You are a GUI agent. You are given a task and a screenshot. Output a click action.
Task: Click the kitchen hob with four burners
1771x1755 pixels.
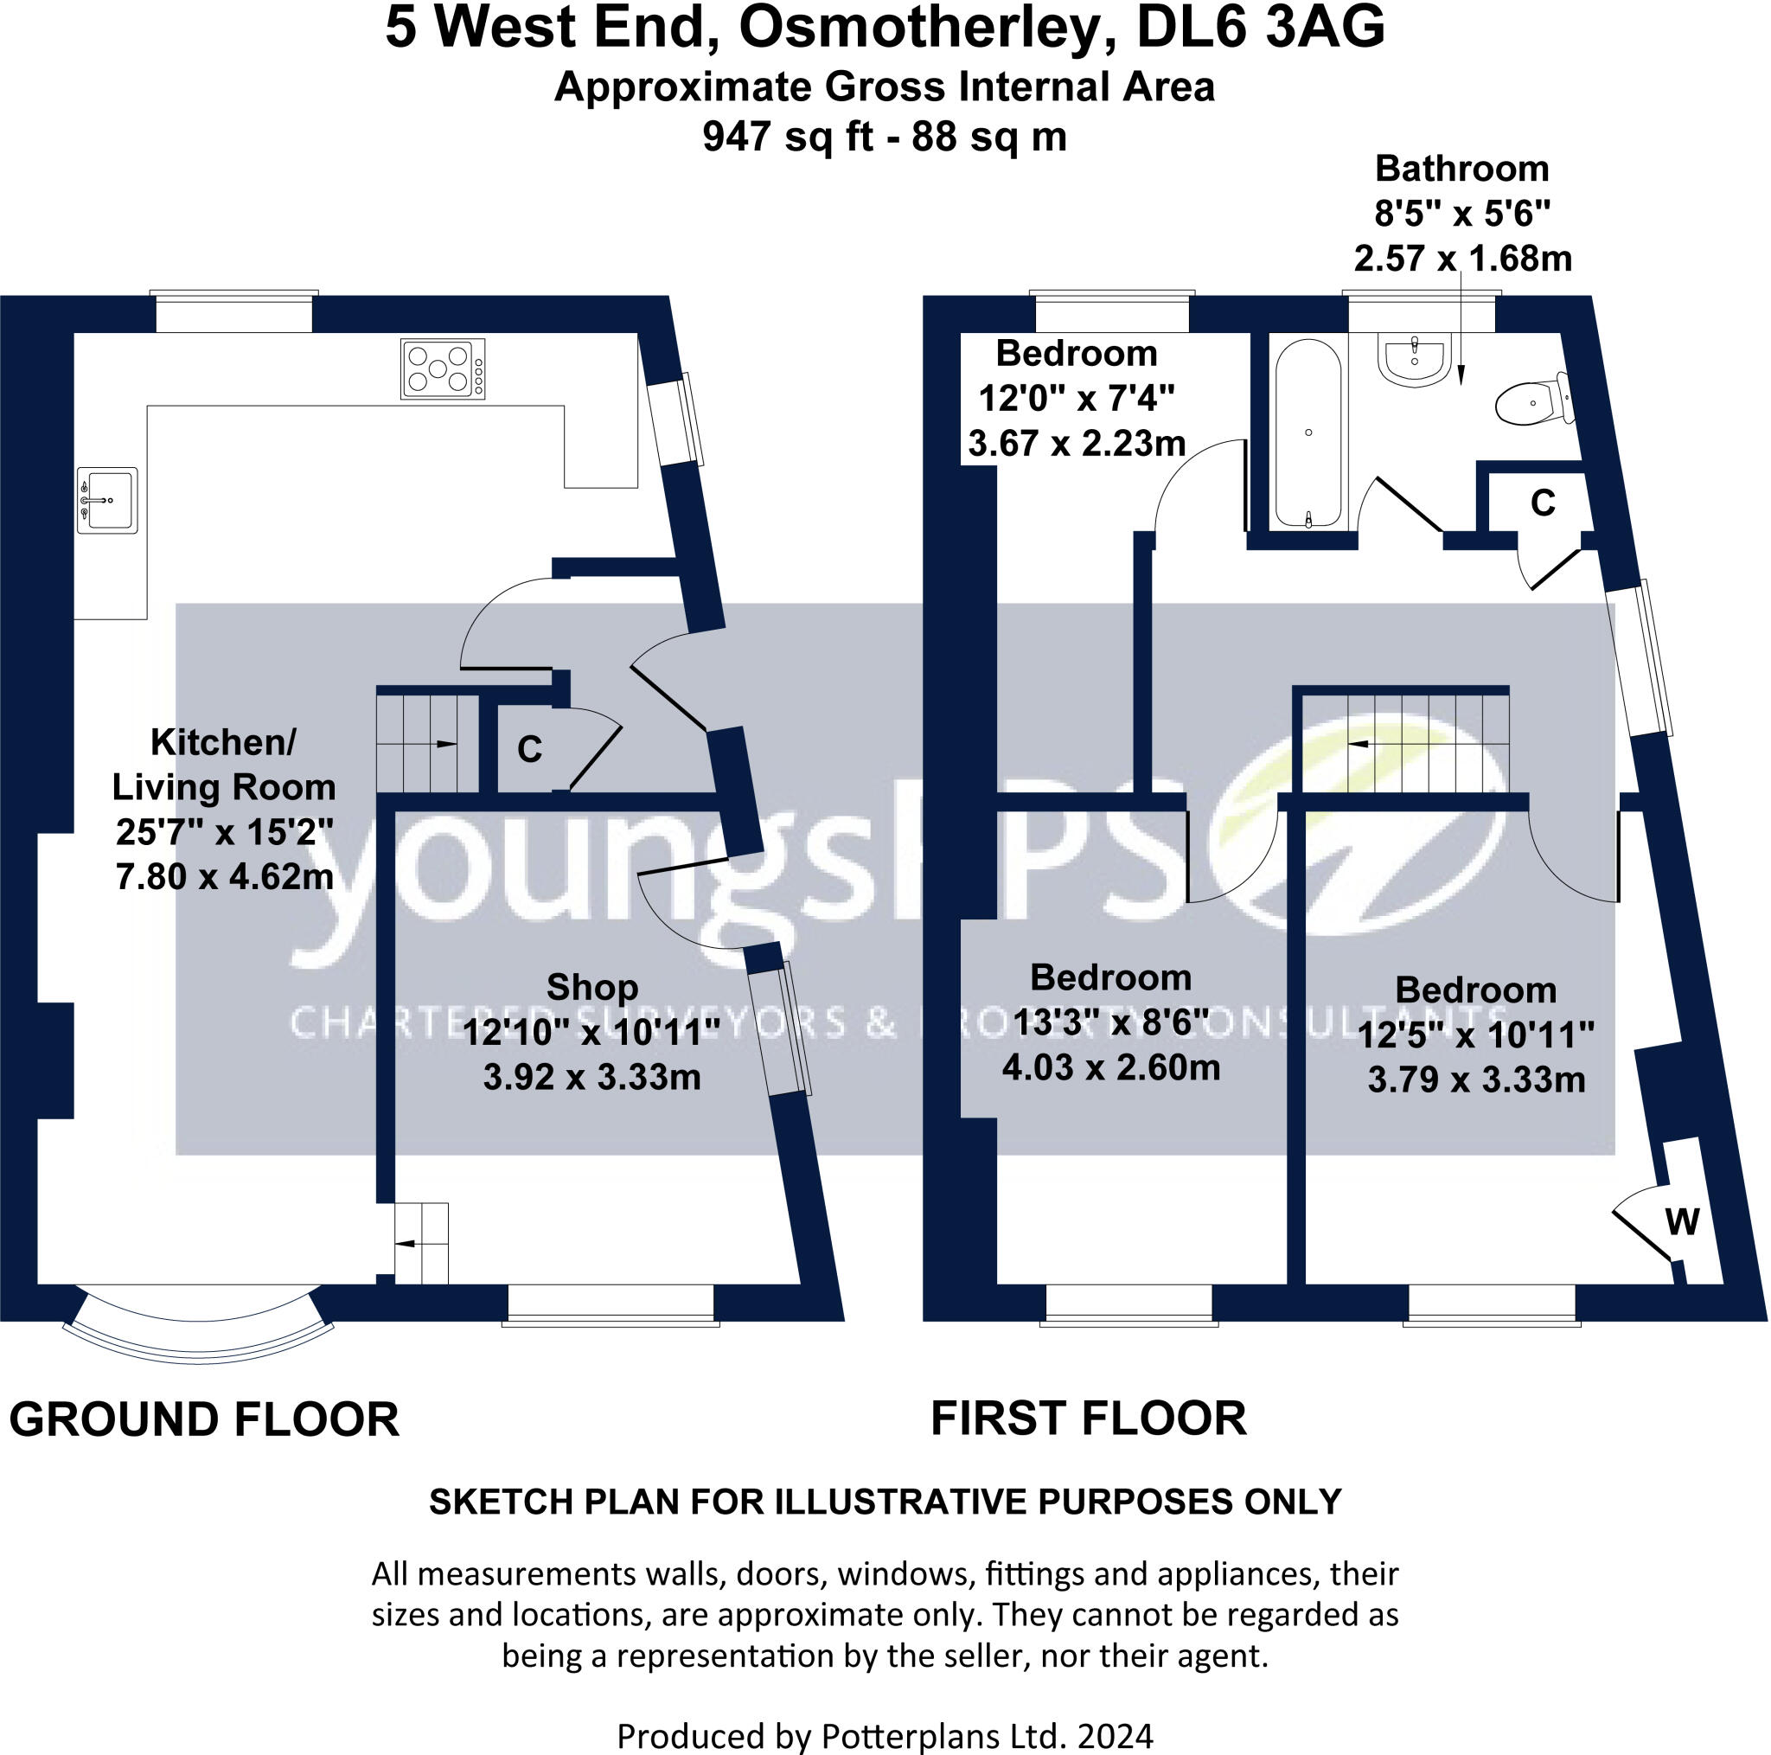point(443,368)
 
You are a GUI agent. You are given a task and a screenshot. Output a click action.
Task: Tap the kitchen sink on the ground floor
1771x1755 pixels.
point(108,500)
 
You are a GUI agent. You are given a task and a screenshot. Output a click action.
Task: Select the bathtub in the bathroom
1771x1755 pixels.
point(1308,433)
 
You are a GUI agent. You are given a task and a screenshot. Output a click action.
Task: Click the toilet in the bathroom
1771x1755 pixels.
point(1532,401)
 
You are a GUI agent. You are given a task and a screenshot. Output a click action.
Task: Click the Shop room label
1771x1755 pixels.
point(592,988)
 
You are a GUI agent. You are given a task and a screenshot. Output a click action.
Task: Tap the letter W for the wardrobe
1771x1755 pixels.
point(1682,1221)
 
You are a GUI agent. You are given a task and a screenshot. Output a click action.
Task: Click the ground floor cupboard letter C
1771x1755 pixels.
point(530,749)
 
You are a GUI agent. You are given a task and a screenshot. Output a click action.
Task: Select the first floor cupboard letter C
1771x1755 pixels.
point(1544,503)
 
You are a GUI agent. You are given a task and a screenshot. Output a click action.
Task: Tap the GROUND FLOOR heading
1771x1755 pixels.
point(204,1420)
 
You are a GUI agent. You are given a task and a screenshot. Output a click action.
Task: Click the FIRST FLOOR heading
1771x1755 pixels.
point(1088,1419)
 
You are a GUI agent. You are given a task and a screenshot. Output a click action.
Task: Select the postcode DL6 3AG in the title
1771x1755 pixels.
point(1261,28)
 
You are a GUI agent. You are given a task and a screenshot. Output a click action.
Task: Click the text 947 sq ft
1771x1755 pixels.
point(787,138)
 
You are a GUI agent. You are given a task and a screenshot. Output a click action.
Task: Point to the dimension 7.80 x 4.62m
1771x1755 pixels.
point(225,876)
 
